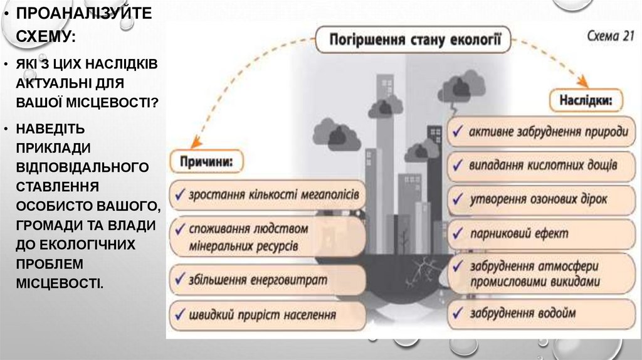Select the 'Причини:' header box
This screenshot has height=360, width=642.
point(206,161)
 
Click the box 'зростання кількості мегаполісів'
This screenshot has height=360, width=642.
point(268,194)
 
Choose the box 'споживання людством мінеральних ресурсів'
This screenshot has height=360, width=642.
point(268,236)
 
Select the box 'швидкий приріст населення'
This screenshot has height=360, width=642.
point(268,314)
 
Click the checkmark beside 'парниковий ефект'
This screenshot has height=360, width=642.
point(458,233)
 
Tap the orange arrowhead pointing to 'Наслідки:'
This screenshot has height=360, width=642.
point(582,82)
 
